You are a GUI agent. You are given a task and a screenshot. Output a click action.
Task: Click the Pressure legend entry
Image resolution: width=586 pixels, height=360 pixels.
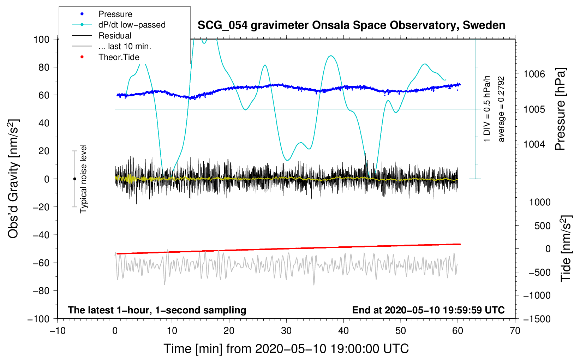click(x=115, y=14)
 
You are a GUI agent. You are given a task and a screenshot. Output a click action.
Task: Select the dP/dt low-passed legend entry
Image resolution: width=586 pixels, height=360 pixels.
click(x=132, y=25)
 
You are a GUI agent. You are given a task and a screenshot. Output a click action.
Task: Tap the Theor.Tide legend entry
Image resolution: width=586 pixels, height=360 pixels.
click(x=119, y=57)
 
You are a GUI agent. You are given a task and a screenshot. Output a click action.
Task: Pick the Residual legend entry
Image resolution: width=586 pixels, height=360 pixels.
click(x=115, y=36)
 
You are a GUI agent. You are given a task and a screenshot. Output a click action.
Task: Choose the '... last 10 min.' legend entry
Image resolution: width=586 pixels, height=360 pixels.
click(x=125, y=46)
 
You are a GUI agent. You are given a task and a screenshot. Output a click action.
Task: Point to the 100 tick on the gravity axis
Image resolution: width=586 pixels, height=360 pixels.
click(x=41, y=39)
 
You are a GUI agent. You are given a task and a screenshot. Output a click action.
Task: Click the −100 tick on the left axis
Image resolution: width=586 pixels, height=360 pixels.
click(x=38, y=319)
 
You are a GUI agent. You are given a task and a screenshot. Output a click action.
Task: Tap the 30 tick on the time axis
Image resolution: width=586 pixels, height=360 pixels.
click(x=286, y=331)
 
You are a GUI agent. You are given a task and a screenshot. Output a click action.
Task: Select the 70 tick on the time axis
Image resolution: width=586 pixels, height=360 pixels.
click(x=515, y=331)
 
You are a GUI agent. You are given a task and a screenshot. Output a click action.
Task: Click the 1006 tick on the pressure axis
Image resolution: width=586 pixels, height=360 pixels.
click(x=534, y=74)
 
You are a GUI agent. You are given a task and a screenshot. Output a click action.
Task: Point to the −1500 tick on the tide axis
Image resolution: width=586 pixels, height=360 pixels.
click(x=537, y=319)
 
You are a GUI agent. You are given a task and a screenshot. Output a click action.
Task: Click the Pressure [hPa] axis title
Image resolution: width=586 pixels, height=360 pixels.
click(x=561, y=109)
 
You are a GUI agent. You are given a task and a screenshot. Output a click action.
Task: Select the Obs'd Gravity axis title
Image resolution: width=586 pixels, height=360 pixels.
click(x=13, y=179)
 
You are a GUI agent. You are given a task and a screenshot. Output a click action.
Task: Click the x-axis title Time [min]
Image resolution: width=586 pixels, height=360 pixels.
click(x=286, y=349)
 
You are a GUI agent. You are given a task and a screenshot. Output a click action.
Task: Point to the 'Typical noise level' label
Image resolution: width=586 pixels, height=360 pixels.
click(x=83, y=179)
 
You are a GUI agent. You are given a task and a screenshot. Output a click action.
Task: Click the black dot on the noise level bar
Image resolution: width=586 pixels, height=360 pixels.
click(x=74, y=179)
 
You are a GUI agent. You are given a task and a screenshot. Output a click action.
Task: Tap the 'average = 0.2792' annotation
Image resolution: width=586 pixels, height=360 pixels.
click(x=501, y=109)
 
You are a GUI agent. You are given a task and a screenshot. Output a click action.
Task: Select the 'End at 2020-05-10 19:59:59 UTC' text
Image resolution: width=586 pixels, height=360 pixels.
click(x=428, y=310)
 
